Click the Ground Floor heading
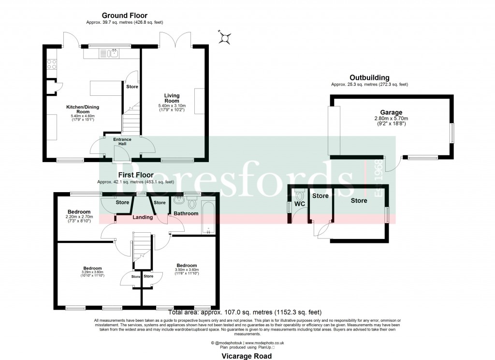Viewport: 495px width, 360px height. point(124,15)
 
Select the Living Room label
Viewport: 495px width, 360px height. point(172,98)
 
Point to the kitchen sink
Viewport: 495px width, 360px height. point(114,53)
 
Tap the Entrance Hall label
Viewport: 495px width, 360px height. point(122,142)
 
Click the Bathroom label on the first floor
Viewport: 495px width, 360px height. point(186,213)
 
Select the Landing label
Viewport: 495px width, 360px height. point(143,217)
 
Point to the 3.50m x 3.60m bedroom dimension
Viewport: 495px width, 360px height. point(187,270)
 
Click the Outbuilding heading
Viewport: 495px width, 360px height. point(370,77)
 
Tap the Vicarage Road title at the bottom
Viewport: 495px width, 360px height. point(247,356)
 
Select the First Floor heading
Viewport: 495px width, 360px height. point(136,175)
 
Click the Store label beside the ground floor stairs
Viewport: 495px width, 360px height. point(132,87)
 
